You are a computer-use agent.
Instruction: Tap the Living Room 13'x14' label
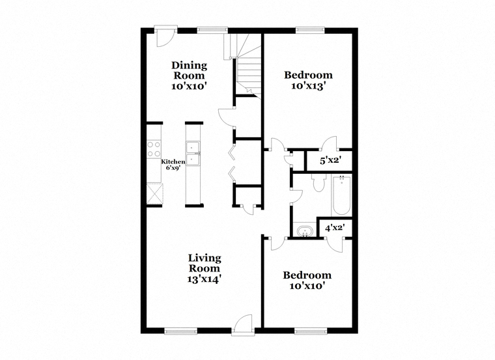point(205,268)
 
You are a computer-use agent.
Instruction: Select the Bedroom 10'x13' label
point(308,81)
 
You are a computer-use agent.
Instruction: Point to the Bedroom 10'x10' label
point(307,281)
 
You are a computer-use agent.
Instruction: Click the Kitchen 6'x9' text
point(173,165)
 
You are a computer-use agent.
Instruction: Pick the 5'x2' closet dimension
point(330,160)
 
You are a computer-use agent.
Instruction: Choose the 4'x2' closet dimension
point(335,227)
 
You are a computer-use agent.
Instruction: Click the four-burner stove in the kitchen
point(154,149)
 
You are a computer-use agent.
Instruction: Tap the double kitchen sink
point(193,154)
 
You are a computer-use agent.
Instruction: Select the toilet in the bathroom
point(318,182)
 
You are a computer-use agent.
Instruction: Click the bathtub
point(341,195)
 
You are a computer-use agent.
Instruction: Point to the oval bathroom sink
point(305,231)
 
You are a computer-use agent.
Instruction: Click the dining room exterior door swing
point(165,36)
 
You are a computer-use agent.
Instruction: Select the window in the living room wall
point(181,331)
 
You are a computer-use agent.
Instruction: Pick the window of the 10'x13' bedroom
point(310,31)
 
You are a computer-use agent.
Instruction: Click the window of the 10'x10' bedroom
point(311,331)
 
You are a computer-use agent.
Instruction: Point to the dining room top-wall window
point(212,31)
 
